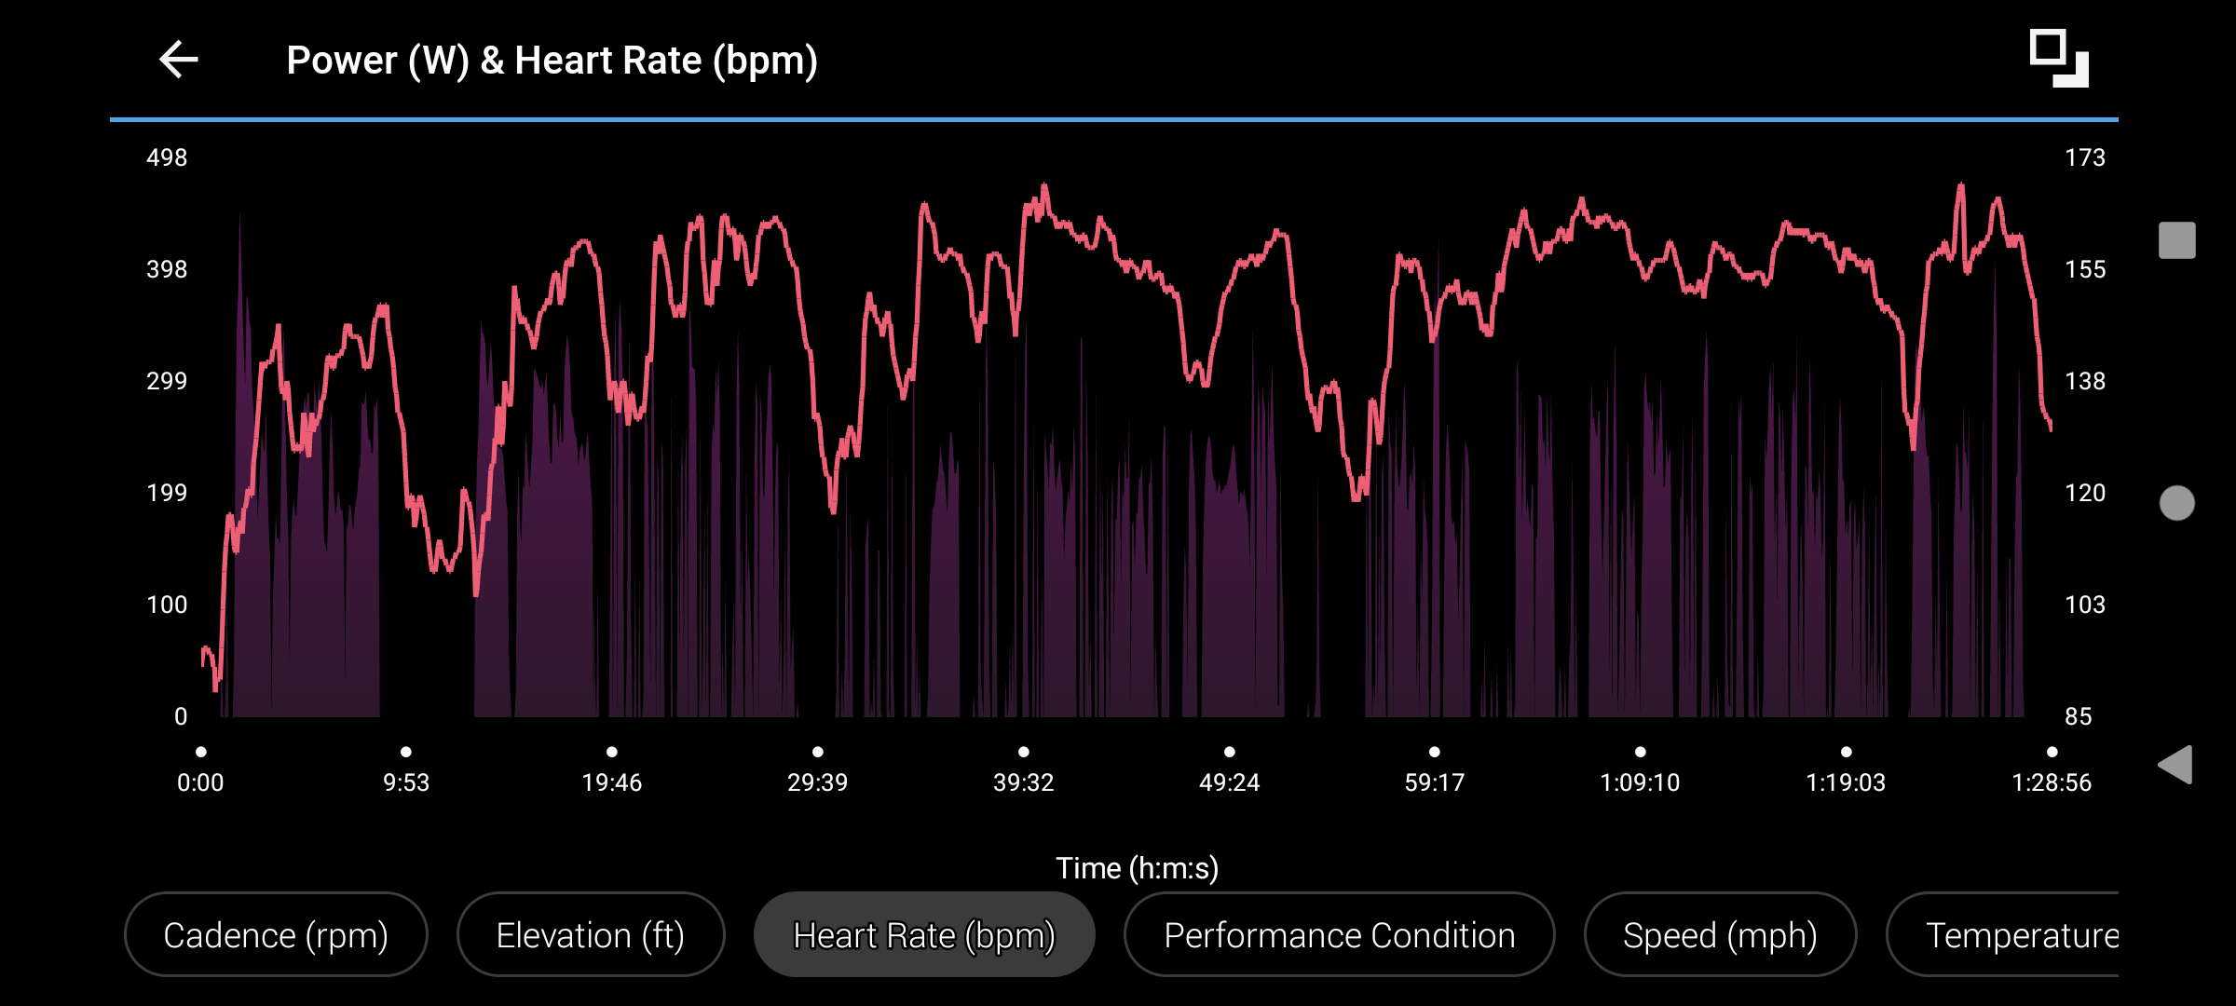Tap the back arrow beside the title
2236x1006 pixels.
[x=179, y=60]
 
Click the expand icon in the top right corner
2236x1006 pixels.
[x=2059, y=59]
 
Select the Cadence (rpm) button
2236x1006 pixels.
[x=276, y=934]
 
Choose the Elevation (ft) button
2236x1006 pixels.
[x=591, y=934]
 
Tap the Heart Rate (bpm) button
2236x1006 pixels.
[x=924, y=934]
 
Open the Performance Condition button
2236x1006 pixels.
[x=1340, y=934]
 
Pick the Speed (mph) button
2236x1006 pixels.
[x=1720, y=934]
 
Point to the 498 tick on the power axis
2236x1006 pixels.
[x=167, y=157]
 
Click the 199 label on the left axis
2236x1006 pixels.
[x=167, y=493]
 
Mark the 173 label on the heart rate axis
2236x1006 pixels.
[x=2085, y=157]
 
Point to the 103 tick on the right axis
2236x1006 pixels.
[x=2085, y=605]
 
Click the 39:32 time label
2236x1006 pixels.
[x=1023, y=782]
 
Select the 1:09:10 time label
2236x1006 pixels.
[x=1640, y=782]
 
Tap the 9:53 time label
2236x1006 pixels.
[x=406, y=782]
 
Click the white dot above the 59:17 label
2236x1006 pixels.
[x=1435, y=752]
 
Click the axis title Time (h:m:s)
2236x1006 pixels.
[x=1137, y=868]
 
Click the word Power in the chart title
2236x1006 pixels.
[x=341, y=61]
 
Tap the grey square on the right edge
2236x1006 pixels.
[x=2177, y=240]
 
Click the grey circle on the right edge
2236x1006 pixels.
[x=2177, y=503]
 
